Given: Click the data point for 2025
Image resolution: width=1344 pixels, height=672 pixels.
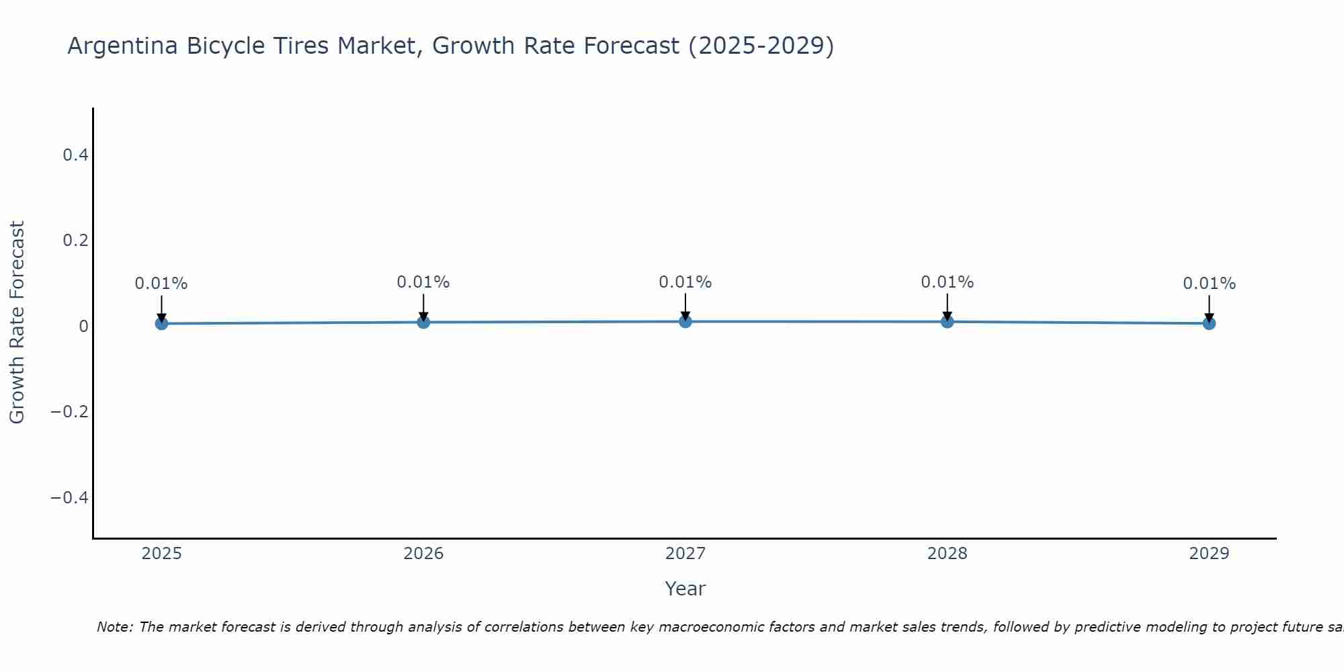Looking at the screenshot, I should (161, 323).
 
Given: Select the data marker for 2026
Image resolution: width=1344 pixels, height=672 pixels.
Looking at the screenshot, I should (423, 322).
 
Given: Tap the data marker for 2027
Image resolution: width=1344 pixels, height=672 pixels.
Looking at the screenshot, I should (685, 321).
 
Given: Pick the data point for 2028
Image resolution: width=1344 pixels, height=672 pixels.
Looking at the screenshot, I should (948, 321).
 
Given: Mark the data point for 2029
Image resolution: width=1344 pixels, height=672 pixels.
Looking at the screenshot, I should (1209, 323).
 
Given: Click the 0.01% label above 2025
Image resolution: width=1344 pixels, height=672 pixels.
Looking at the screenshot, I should (161, 284).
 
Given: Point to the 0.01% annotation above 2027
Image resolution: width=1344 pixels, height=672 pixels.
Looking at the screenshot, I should (685, 282).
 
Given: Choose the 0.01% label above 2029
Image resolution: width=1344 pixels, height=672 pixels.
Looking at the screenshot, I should (1209, 284).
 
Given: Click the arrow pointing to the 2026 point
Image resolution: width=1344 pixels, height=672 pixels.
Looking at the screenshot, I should (423, 306).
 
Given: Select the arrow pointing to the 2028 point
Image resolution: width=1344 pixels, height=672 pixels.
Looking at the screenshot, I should (948, 306).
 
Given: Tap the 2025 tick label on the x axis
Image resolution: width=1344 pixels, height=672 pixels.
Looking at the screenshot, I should (162, 554).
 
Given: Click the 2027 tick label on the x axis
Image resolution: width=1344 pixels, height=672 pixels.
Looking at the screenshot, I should (685, 554).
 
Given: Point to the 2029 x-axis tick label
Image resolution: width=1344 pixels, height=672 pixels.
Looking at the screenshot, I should (1209, 554).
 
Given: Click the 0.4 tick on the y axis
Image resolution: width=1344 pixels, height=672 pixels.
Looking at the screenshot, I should (75, 155).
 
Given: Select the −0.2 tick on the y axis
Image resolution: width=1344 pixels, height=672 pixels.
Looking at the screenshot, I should (70, 411).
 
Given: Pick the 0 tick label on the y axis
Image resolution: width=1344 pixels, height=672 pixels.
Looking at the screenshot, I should (83, 327).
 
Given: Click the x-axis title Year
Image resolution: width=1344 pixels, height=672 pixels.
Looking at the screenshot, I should (685, 589).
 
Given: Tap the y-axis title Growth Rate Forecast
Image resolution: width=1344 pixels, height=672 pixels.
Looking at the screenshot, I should (17, 322).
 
